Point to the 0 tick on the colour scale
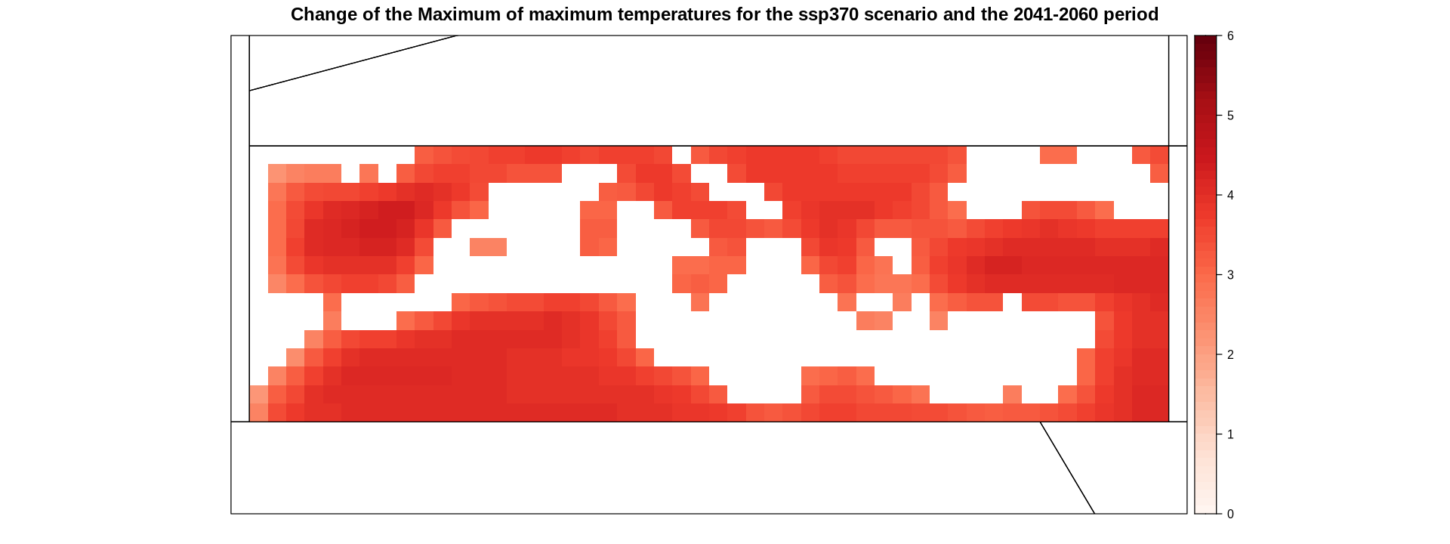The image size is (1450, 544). coord(1230,514)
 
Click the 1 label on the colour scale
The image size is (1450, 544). coord(1230,434)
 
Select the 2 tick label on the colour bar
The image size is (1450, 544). coord(1230,354)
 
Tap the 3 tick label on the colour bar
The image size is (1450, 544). coord(1230,275)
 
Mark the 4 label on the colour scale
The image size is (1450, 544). coord(1230,195)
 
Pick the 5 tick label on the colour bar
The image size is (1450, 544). coord(1230,116)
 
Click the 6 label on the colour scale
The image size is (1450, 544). coord(1230,36)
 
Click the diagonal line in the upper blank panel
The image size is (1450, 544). coord(353,63)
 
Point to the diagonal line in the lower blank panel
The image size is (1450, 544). coord(1067,468)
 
